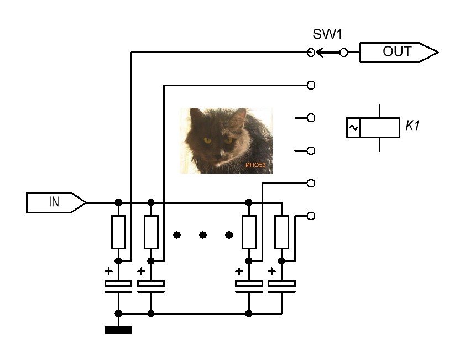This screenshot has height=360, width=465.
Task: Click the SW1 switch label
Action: [x=327, y=34]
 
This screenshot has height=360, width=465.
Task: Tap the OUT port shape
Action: [x=399, y=53]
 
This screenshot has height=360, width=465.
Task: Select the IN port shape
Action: [x=56, y=202]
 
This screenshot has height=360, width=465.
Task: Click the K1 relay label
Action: [x=412, y=126]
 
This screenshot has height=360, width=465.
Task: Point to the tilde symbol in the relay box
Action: [x=353, y=128]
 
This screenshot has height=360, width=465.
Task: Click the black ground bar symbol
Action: [x=118, y=330]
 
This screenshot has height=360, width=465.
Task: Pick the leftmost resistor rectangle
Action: [x=118, y=232]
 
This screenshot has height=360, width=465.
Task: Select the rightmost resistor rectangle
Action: [x=281, y=232]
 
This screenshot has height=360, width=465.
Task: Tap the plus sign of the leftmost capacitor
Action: [x=108, y=271]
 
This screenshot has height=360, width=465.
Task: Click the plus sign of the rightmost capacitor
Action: [x=271, y=271]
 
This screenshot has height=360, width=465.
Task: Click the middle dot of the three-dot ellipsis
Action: [x=203, y=235]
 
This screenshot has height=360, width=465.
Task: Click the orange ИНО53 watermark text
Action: [x=255, y=165]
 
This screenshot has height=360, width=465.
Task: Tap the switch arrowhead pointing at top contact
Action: [x=320, y=53]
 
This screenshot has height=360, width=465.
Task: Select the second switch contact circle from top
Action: [x=311, y=85]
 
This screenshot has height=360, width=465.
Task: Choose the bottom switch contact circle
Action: [x=311, y=216]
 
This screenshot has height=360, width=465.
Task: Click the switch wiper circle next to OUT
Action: [x=343, y=53]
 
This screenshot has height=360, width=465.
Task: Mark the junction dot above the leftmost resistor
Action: [x=118, y=202]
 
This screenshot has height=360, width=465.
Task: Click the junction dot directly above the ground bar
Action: [x=118, y=313]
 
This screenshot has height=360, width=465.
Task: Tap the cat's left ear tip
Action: [x=192, y=109]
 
